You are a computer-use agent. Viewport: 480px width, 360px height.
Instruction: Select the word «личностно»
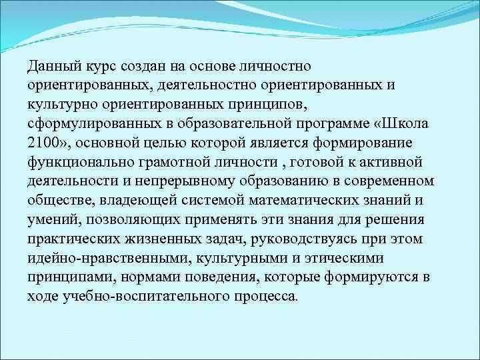[x=273, y=67]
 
